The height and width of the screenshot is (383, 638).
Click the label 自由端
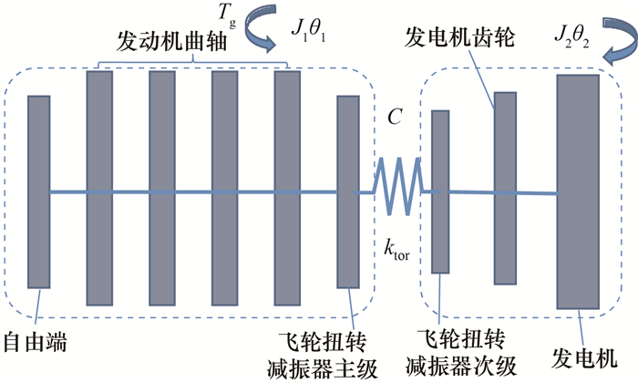36,343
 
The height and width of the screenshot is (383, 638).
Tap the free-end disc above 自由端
38,191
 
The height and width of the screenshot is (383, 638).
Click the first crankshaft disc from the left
98,187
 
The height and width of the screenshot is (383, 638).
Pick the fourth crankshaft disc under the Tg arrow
287,187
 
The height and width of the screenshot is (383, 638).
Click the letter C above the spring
394,117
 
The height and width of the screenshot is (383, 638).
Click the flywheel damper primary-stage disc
349,191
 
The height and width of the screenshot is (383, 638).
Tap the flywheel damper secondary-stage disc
440,191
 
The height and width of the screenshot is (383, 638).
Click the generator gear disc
505,188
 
